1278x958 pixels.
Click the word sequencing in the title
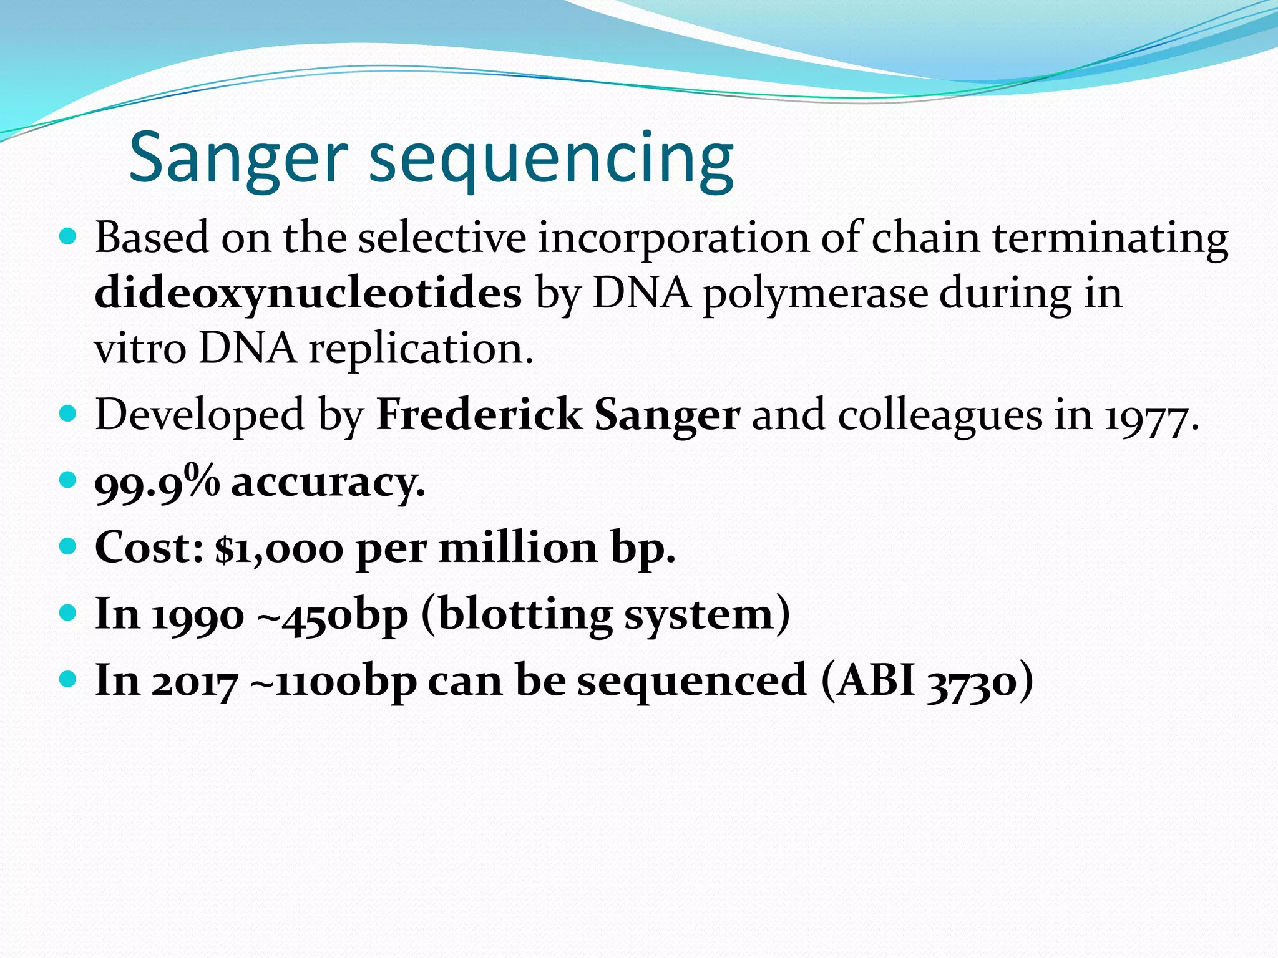coord(552,161)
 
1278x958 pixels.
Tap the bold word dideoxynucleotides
coord(308,293)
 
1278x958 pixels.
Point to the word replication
coord(421,349)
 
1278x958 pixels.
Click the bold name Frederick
coord(479,415)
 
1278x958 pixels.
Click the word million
coord(518,548)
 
